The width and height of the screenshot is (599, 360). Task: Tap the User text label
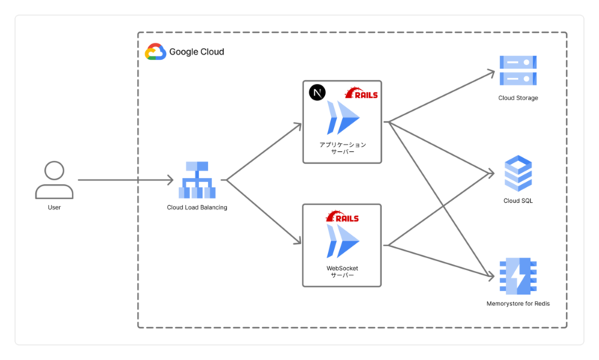pyautogui.click(x=54, y=207)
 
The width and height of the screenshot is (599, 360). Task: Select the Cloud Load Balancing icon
pyautogui.click(x=197, y=180)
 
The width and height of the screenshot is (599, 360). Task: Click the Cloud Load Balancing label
pyautogui.click(x=197, y=207)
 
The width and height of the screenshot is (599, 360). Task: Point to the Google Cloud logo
pyautogui.click(x=155, y=52)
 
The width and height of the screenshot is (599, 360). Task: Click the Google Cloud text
pyautogui.click(x=196, y=52)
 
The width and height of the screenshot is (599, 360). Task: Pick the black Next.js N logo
pyautogui.click(x=317, y=93)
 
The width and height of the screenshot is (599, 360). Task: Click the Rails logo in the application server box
pyautogui.click(x=362, y=93)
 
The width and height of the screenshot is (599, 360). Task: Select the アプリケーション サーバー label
pyautogui.click(x=342, y=147)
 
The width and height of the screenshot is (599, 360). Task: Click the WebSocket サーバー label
pyautogui.click(x=342, y=271)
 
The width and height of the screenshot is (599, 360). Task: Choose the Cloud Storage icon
pyautogui.click(x=518, y=70)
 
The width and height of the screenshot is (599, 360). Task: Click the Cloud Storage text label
pyautogui.click(x=518, y=98)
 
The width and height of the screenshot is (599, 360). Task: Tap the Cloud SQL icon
pyautogui.click(x=518, y=174)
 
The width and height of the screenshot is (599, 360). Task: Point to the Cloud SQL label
pyautogui.click(x=518, y=201)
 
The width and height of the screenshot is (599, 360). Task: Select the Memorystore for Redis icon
pyautogui.click(x=518, y=275)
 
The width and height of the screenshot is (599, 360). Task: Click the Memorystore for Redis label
pyautogui.click(x=518, y=303)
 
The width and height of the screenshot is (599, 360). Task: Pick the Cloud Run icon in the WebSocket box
pyautogui.click(x=342, y=240)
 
